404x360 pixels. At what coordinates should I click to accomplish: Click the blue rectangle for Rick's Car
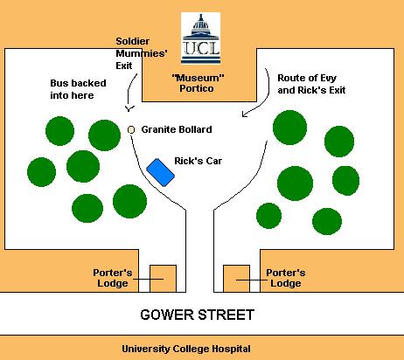point(160,172)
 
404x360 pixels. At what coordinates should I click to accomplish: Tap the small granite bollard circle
point(131,129)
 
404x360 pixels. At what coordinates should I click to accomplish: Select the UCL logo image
point(200,38)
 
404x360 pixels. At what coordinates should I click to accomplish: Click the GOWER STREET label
point(197,315)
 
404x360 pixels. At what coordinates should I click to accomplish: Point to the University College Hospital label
point(186,349)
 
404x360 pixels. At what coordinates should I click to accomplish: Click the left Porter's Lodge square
point(163,279)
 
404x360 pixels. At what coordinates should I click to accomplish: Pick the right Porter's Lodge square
point(236,279)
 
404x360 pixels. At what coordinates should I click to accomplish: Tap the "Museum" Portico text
point(198,83)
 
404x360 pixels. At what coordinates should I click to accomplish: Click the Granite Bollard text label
point(177,129)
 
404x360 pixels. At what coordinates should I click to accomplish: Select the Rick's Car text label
point(198,161)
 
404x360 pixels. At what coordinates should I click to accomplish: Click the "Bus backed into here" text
point(78,89)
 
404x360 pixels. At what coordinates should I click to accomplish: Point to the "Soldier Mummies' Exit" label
point(142,53)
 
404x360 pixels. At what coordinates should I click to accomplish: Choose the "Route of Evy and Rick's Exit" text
point(311,84)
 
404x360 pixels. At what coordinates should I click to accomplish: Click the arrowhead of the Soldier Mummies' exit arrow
point(129,109)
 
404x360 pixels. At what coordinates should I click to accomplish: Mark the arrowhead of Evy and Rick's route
point(244,114)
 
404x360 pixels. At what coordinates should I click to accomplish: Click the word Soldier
point(133,41)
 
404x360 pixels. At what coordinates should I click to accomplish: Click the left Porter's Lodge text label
point(113,278)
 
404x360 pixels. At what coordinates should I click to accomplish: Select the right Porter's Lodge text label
point(286,278)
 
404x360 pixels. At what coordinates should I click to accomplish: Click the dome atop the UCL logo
point(200,23)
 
